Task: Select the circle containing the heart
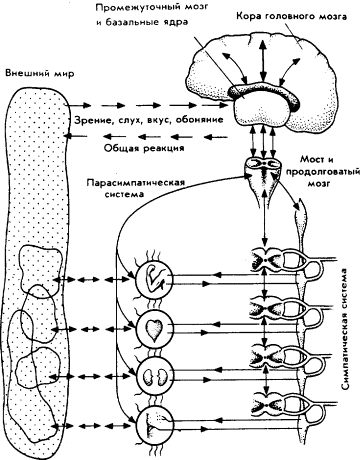coord(157,328)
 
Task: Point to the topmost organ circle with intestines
coord(157,275)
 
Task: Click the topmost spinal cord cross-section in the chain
coord(270,258)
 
